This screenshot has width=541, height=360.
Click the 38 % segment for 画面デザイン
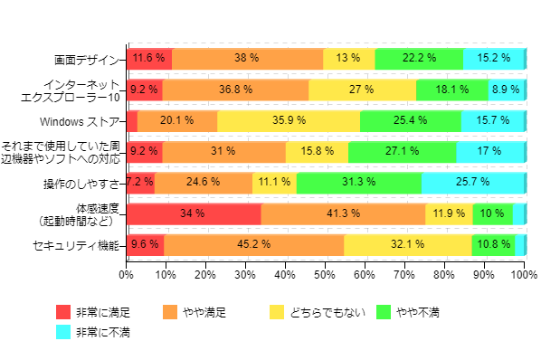247,58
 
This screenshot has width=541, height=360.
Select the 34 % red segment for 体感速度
194,213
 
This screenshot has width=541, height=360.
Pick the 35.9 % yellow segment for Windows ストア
289,120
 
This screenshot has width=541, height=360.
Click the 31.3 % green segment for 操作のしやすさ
358,183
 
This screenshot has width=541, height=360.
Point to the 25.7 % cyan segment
472,183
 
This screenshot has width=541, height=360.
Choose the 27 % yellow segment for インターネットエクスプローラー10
362,90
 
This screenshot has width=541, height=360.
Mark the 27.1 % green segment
402,151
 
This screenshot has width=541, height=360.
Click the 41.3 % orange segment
343,213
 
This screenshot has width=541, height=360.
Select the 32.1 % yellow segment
407,244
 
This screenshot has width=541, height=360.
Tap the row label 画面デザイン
87,59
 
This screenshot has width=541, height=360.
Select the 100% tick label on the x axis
525,270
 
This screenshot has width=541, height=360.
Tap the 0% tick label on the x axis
127,270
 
